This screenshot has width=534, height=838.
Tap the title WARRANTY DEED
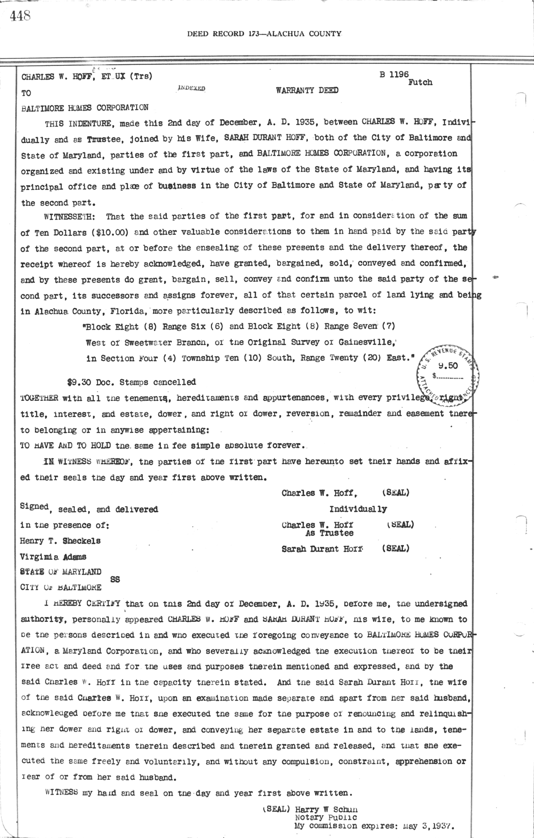pos(307,90)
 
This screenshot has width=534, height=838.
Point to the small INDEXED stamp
pos(191,89)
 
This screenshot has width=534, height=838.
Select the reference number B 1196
pos(394,75)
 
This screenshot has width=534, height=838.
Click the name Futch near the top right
pos(420,82)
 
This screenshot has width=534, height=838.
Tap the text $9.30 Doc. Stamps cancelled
pos(131,382)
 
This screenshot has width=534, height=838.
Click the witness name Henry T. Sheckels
pos(61,541)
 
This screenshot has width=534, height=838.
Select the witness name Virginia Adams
pos(53,556)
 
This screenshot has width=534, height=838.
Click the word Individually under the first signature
pos(358,509)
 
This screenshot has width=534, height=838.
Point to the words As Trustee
pos(329,533)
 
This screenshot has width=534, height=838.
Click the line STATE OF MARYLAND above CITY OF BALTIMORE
pos(61,572)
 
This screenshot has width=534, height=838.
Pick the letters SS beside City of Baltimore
pos(115,580)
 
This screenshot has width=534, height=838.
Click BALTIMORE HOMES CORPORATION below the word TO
pos(85,107)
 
